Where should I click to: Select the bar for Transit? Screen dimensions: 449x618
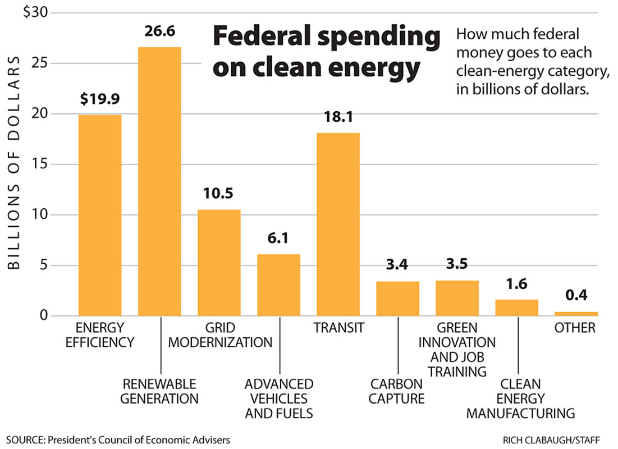click(x=338, y=224)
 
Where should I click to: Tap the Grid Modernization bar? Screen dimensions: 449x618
click(x=219, y=263)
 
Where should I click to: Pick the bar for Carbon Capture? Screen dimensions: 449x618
click(x=397, y=299)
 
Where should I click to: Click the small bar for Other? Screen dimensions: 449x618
click(x=576, y=313)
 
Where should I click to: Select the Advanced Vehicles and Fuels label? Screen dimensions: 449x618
click(x=279, y=399)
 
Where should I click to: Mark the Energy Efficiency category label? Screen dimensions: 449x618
click(x=100, y=335)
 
